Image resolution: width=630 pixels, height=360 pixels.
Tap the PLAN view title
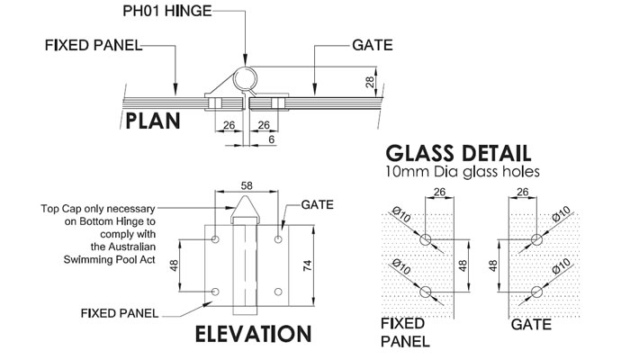coord(153,121)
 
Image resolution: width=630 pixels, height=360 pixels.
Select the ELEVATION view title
coord(253,335)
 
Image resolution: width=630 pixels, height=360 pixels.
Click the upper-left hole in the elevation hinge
coord(217,239)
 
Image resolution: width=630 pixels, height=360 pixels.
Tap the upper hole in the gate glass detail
coord(536,238)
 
